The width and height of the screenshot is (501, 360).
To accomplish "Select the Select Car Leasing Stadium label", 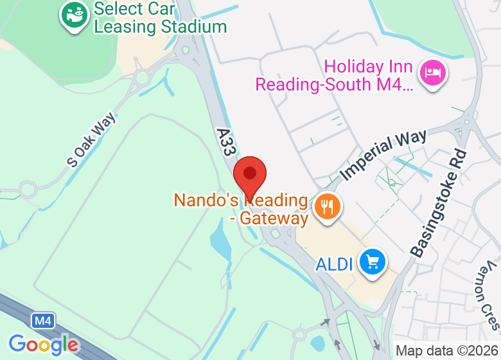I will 160,18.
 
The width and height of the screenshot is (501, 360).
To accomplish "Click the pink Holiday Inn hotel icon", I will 429,71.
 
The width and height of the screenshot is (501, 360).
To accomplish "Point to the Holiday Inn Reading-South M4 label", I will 334,75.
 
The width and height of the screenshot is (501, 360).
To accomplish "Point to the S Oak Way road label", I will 91,139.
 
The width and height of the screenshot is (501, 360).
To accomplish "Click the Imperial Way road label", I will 383,154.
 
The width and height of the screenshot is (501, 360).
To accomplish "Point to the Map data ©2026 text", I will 446,351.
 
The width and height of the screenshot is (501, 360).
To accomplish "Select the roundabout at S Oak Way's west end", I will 28,190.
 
